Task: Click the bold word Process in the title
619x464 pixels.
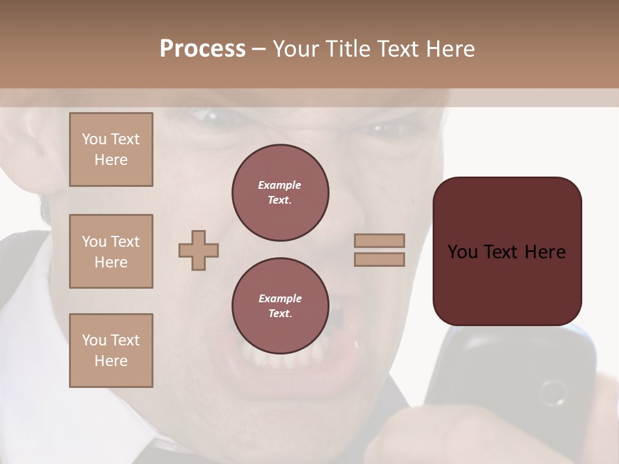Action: (202, 49)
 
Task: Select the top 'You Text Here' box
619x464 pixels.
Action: (111, 150)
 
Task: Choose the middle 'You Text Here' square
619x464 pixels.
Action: (111, 251)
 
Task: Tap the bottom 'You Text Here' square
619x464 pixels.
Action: (111, 351)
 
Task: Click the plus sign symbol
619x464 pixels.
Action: (199, 250)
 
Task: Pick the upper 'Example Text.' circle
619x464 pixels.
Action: (280, 193)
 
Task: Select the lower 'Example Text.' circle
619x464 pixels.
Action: (280, 306)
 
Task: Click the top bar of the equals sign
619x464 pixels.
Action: (380, 240)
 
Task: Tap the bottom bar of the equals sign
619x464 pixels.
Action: (380, 259)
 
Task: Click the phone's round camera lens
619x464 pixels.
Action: (553, 392)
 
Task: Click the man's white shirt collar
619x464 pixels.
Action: (26, 271)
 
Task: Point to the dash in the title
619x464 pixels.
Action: (259, 50)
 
